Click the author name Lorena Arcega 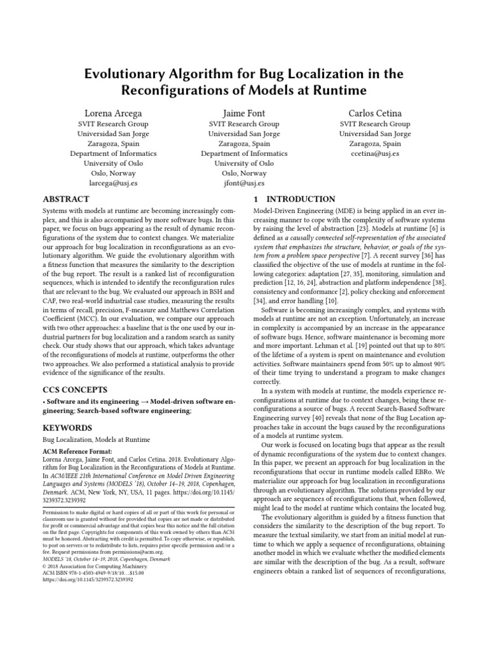coord(112,113)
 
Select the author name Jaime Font coord(244,113)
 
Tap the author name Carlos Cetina coord(375,113)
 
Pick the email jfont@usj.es coord(244,183)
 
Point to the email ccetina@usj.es coord(375,153)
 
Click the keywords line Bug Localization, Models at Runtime coord(96,439)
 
